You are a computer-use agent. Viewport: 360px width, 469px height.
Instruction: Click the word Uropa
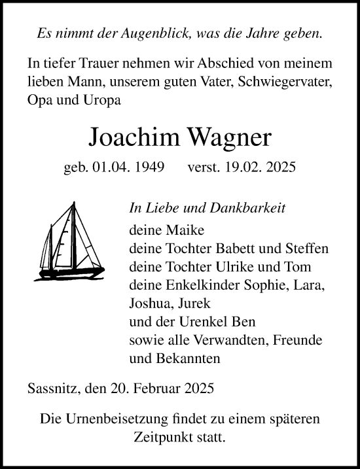(101, 101)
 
